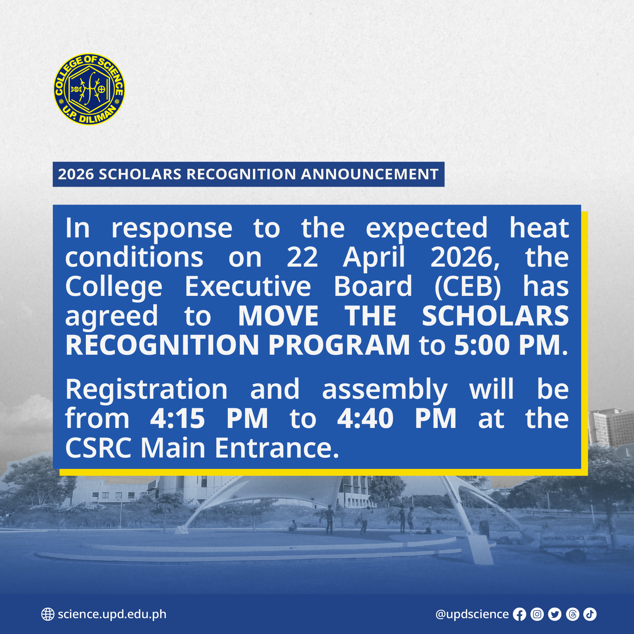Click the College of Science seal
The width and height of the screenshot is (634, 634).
coord(89,89)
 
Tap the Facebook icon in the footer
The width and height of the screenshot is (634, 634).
coord(519,614)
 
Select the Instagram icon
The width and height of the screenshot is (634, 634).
coord(537,614)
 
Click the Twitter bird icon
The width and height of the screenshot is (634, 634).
coord(555,614)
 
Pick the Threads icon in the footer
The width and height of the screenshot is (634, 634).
coord(572,614)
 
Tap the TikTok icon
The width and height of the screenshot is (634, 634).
coord(590,614)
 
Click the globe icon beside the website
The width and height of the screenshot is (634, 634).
coord(48,614)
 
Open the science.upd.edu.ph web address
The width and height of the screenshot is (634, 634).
coord(112,614)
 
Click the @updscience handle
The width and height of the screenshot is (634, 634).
coord(472,614)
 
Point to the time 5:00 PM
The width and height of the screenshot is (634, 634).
coord(511,345)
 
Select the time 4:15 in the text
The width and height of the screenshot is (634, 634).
coord(178,418)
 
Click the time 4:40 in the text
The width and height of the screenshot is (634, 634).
coord(365,418)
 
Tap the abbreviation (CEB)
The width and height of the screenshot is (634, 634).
coord(467,287)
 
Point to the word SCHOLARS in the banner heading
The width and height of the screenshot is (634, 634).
coord(140,174)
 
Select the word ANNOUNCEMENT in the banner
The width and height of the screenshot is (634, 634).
coord(369,174)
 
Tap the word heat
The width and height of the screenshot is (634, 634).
coord(539,228)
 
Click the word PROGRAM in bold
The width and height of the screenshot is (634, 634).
coord(339,345)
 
